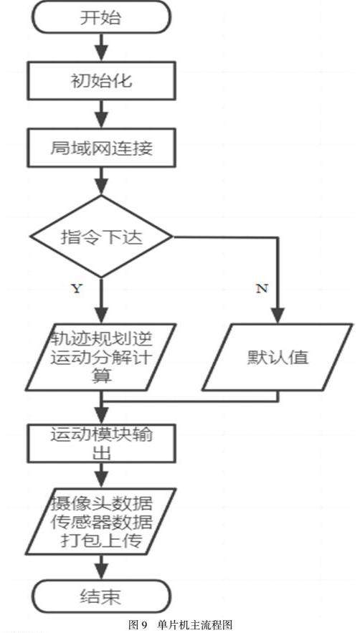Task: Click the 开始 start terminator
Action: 101,17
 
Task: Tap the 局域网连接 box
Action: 101,148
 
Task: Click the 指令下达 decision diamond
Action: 101,237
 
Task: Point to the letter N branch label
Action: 262,289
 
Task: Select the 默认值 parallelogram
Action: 278,357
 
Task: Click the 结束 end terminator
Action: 101,596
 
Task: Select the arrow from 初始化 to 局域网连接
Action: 101,114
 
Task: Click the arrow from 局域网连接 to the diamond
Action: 101,181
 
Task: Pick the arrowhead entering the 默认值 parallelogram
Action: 278,315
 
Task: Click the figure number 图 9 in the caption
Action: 138,625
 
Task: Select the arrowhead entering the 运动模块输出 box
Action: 101,417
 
